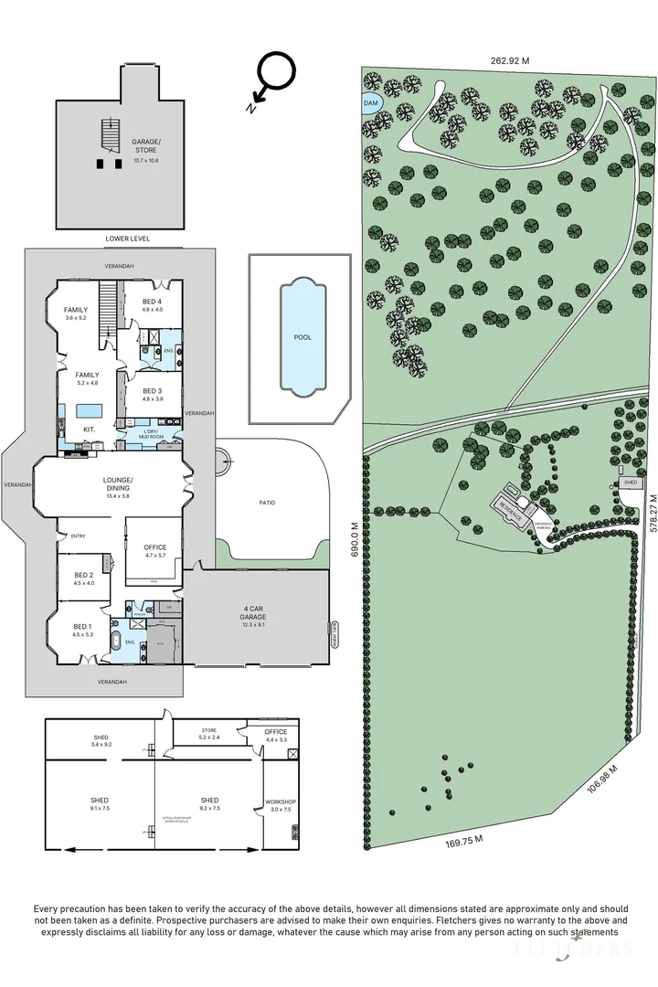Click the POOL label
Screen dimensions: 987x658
pos(302,337)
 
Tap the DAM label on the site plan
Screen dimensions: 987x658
pos(371,104)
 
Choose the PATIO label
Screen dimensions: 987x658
pos(267,503)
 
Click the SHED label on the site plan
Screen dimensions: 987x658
pos(630,481)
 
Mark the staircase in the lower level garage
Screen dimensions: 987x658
pos(110,135)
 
